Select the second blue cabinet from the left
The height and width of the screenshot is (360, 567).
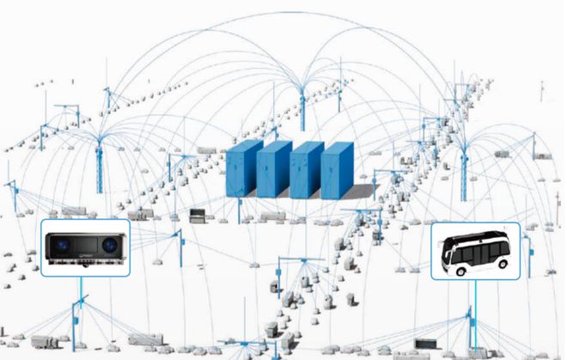click(x=272, y=171)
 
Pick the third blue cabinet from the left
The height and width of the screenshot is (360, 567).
click(x=304, y=173)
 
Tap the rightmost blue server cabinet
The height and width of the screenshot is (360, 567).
click(x=336, y=172)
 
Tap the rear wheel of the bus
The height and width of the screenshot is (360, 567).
click(x=502, y=263)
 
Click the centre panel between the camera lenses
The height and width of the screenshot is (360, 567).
click(x=85, y=247)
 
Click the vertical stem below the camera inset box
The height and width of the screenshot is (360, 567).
click(x=82, y=292)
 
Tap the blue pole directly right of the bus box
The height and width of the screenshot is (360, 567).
click(x=533, y=259)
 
